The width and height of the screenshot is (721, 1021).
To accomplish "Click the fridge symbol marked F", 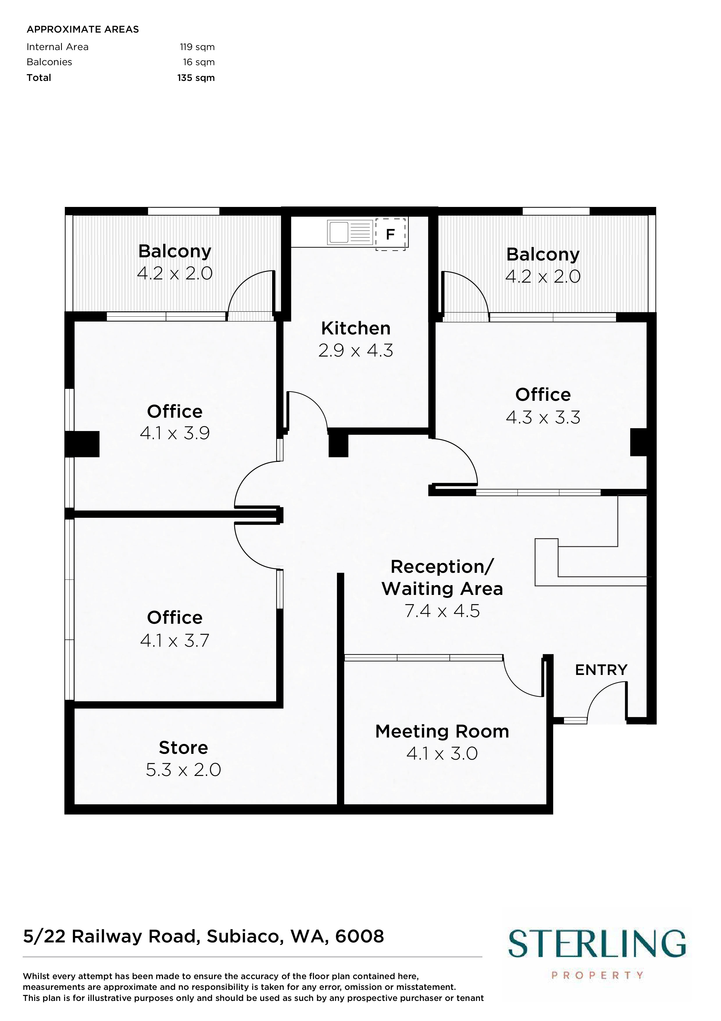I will [390, 234].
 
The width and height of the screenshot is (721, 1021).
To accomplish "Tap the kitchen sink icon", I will [350, 232].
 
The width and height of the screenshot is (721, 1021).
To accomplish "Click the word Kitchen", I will [356, 328].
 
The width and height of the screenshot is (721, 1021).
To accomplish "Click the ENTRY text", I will [601, 670].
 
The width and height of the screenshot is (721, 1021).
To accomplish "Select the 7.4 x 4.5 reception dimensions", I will [442, 611].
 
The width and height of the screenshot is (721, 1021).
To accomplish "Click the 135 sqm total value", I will [196, 78].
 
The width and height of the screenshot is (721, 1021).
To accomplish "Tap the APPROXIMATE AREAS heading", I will [83, 29].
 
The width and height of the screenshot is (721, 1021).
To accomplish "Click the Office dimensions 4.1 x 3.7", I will [175, 641].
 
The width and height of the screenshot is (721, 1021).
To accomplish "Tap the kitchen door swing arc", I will [313, 404].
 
